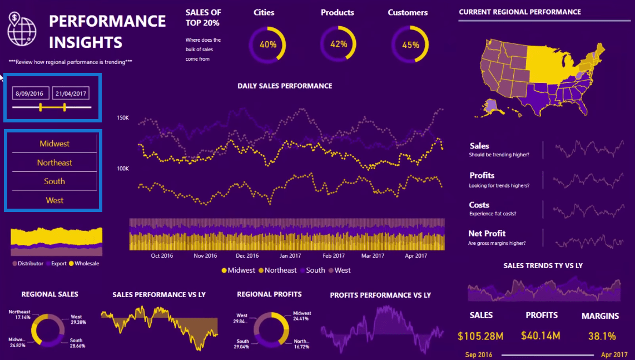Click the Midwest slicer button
click(54, 144)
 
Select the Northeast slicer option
click(54, 162)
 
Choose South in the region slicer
click(54, 181)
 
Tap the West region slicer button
click(54, 200)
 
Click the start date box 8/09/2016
click(29, 93)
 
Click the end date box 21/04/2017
click(71, 93)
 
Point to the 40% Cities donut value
click(267, 45)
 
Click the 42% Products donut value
click(339, 45)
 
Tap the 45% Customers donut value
click(410, 45)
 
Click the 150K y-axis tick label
click(122, 118)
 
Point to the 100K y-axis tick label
click(122, 168)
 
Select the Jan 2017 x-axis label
click(291, 256)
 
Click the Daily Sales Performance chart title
click(285, 86)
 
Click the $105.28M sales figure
click(481, 336)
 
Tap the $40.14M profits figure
click(540, 336)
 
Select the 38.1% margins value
click(602, 336)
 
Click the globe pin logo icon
click(22, 29)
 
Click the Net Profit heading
click(487, 234)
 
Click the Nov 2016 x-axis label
click(205, 256)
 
